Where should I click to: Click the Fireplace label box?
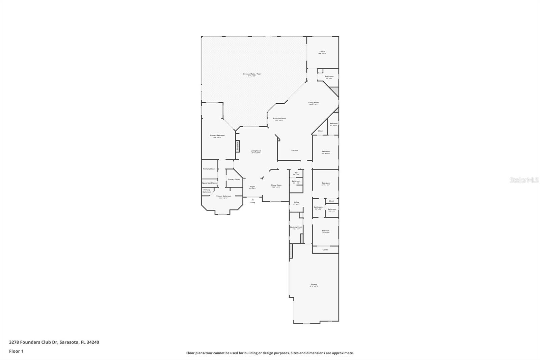point(238,146)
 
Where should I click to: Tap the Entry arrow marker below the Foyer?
point(252,200)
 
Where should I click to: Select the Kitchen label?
point(295,151)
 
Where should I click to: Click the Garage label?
point(314,284)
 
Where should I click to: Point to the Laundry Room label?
point(296,227)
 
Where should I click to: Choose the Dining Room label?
point(276,185)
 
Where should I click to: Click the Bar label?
point(296,173)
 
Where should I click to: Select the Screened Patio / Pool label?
point(251,74)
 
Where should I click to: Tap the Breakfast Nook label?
point(279,119)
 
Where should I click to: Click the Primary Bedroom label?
point(217,136)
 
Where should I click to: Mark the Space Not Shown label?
point(209,183)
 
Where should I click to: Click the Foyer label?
point(252,187)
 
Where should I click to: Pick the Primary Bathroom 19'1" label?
point(223,196)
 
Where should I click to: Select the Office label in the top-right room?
point(322,52)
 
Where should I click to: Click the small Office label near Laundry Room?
point(296,202)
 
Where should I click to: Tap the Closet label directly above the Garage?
point(325,250)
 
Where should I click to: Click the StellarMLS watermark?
point(524,180)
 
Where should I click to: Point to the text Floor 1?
point(16,351)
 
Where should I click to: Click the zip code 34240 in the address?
point(93,342)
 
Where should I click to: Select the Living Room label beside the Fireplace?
point(256,151)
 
